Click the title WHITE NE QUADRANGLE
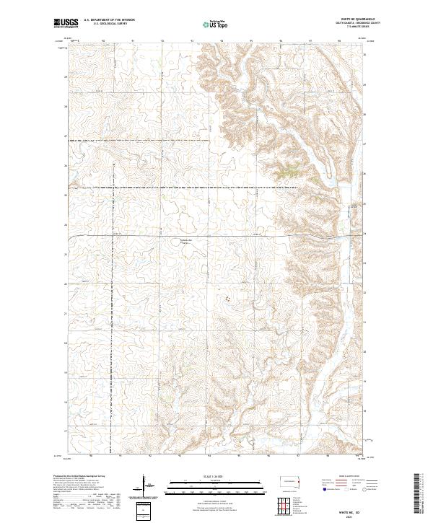point(357,19)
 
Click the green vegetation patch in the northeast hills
point(287,172)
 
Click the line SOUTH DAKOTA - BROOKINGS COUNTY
point(357,24)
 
